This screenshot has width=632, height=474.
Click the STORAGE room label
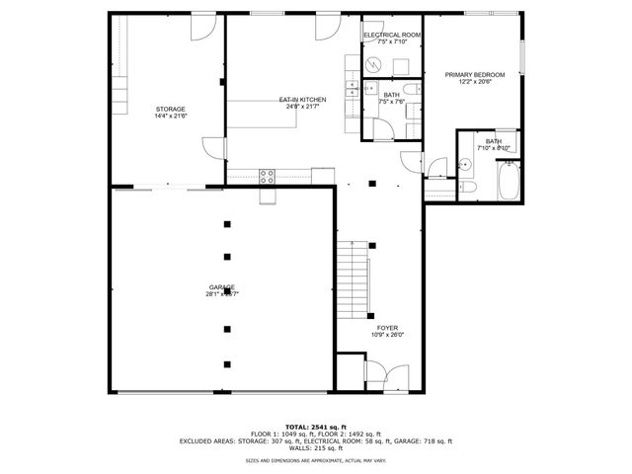click(x=170, y=109)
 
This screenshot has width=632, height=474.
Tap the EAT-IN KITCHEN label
click(x=302, y=100)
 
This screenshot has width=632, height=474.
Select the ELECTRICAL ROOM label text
click(x=392, y=36)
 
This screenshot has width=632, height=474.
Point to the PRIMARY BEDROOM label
click(x=474, y=75)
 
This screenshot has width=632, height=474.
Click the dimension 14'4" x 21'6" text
click(x=170, y=117)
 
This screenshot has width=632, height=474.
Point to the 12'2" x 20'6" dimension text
click(x=474, y=83)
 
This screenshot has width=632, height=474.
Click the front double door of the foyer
click(x=386, y=376)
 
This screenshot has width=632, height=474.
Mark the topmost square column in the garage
click(x=227, y=223)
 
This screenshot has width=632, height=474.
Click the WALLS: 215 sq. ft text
click(x=315, y=448)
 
